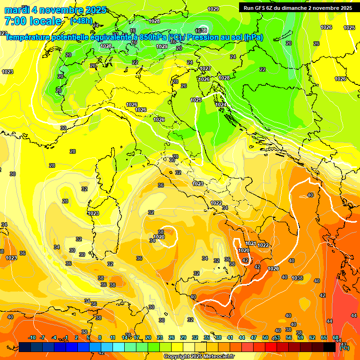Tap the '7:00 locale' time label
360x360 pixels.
click(33, 21)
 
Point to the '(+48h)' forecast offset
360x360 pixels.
click(81, 21)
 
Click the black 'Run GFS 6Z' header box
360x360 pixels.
click(296, 7)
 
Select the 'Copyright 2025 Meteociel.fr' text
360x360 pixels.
click(199, 356)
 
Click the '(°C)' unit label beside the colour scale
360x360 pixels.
click(344, 348)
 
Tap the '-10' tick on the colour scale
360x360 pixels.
click(32, 337)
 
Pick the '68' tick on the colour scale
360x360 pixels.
click(336, 337)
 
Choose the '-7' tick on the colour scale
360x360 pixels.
click(42, 337)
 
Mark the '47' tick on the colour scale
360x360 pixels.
click(254, 337)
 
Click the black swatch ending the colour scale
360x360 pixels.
click(330, 347)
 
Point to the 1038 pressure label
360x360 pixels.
click(297, 278)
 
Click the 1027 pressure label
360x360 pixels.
click(205, 68)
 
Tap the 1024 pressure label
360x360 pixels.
click(221, 105)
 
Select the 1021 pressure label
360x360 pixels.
click(251, 244)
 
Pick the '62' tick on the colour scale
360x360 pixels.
click(312, 337)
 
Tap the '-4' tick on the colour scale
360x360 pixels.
click(54, 337)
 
